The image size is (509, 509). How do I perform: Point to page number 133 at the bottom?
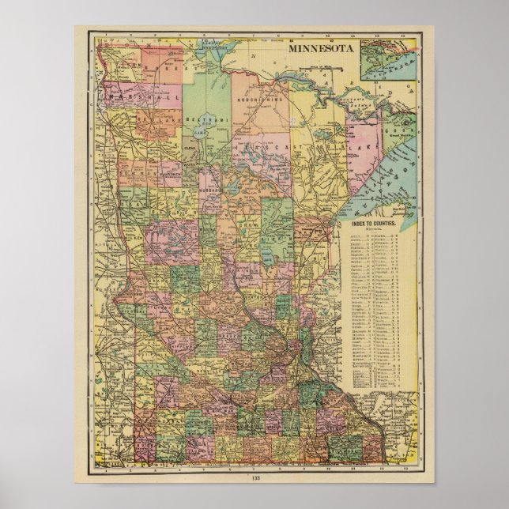254,478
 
